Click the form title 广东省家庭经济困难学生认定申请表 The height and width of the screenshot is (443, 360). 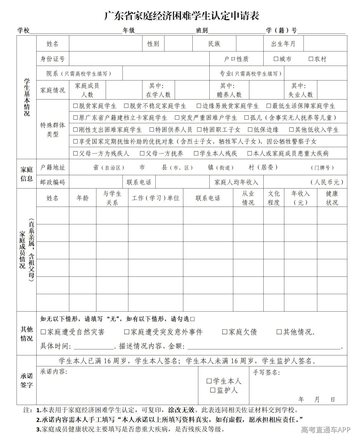[182, 16]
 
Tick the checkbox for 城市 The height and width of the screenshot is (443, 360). [276, 59]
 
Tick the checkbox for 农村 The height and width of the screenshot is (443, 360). [311, 59]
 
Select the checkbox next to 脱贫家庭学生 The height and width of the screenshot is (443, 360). [75, 106]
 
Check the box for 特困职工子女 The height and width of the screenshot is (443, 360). [199, 130]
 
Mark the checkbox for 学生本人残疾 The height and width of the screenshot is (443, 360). [196, 153]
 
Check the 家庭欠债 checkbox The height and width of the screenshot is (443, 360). [225, 332]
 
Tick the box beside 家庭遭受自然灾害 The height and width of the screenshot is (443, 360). [43, 332]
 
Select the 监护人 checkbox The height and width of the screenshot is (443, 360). [213, 390]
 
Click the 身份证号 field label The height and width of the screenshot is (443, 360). [53, 59]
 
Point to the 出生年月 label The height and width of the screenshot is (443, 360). [283, 44]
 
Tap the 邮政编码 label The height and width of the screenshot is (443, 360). [53, 182]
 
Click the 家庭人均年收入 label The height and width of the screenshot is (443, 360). [236, 182]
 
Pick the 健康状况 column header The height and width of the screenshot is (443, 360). [332, 198]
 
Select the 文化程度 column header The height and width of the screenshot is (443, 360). [274, 198]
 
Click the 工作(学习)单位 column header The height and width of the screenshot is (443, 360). [155, 198]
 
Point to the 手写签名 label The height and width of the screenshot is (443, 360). [266, 372]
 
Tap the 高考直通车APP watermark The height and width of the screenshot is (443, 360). [326, 430]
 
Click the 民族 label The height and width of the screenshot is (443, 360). [214, 44]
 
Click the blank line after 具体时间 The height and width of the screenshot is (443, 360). [94, 346]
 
